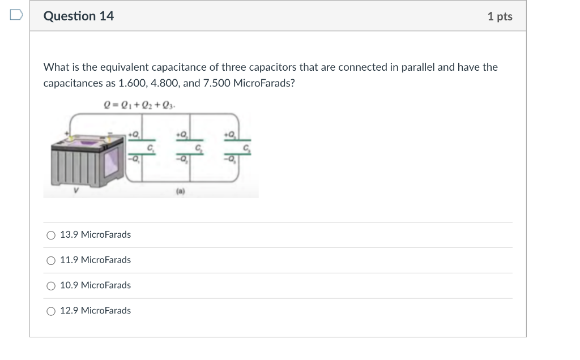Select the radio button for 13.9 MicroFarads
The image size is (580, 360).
(x=51, y=235)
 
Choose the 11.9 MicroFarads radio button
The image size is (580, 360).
(x=51, y=260)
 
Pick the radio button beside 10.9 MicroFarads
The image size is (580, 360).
(x=51, y=286)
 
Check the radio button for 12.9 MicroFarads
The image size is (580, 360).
(x=51, y=311)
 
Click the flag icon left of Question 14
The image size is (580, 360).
(x=16, y=15)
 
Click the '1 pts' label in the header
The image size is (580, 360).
(x=500, y=16)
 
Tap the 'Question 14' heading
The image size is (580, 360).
(x=79, y=16)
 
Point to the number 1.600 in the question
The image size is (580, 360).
(x=132, y=83)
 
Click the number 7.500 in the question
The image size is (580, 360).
(x=213, y=83)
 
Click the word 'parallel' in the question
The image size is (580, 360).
(x=418, y=67)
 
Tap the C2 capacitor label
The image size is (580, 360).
(x=199, y=148)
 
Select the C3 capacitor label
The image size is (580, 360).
(x=246, y=148)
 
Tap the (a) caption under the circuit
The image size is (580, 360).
(x=178, y=191)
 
